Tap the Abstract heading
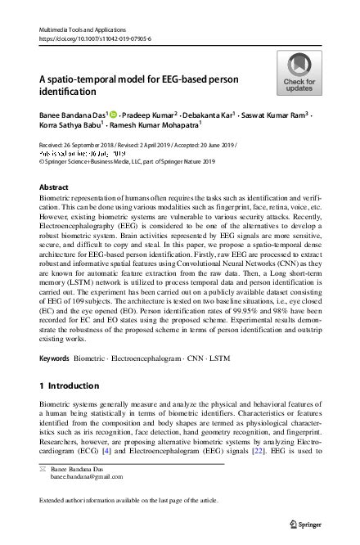click(55, 187)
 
